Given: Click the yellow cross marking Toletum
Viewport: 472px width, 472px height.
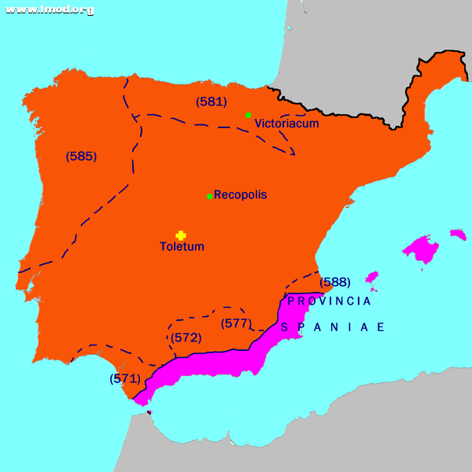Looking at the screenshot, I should point(180,235).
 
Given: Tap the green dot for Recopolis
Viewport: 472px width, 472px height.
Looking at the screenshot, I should point(209,196).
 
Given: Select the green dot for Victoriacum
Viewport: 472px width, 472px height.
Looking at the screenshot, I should point(249,115).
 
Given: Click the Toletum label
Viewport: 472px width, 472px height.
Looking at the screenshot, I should point(182,247).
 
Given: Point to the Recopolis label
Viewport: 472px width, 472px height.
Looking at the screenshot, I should point(240,194).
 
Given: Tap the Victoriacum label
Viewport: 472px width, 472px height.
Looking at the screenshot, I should point(286,124).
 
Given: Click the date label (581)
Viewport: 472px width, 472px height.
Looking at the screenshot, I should point(211,101).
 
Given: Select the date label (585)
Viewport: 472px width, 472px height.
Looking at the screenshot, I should point(81,156).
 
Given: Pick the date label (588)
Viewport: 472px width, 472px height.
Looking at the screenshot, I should point(334,282).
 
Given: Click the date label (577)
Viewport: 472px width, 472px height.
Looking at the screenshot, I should point(236,323).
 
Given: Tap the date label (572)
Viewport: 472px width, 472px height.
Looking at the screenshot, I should point(186,337).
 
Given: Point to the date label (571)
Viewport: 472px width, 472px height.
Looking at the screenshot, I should point(125,378).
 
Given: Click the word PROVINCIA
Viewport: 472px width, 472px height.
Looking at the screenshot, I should point(329,301).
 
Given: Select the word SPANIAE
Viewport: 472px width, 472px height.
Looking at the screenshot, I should point(333,327).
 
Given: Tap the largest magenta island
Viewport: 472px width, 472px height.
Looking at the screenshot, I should point(422,250).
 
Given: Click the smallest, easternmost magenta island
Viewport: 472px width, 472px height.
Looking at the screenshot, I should point(458,234).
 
